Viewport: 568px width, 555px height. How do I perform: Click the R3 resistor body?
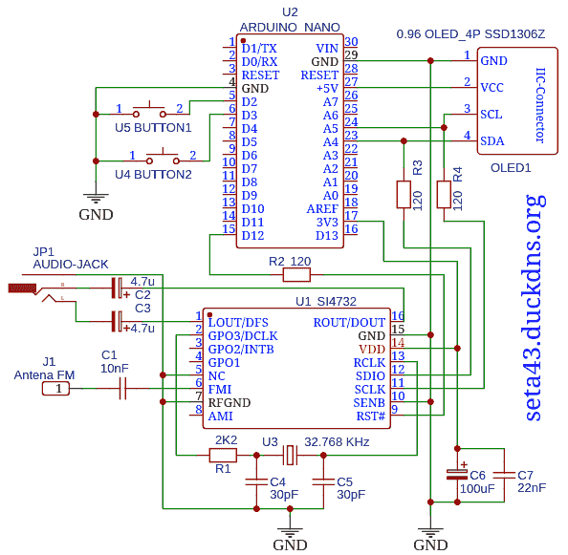(x=404, y=195)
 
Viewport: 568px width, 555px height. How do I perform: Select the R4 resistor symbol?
(x=444, y=195)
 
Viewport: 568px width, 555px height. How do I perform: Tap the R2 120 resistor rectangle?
(x=296, y=275)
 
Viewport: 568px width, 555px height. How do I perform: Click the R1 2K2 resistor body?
(x=223, y=455)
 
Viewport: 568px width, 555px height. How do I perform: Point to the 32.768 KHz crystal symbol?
(x=290, y=455)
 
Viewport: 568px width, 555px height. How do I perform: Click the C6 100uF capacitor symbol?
(x=457, y=475)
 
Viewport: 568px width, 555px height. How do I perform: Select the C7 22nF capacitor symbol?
(x=504, y=475)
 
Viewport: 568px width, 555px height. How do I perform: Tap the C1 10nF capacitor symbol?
(x=122, y=389)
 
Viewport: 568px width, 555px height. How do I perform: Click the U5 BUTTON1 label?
(x=153, y=128)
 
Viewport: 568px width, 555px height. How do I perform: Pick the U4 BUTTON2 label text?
(x=153, y=175)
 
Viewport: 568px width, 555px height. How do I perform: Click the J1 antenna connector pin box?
(x=55, y=389)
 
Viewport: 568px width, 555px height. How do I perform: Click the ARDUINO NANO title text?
(x=290, y=28)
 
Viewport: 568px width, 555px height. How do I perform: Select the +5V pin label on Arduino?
(x=327, y=88)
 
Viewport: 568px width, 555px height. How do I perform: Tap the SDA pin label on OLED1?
(x=492, y=141)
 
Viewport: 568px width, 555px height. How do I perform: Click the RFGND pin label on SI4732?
(x=229, y=403)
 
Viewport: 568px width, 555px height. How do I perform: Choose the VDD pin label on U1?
(x=372, y=349)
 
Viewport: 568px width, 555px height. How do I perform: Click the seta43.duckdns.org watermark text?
(x=533, y=308)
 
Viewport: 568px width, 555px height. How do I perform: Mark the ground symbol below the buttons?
(x=96, y=199)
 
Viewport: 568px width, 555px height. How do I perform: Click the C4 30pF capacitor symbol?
(x=256, y=481)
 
